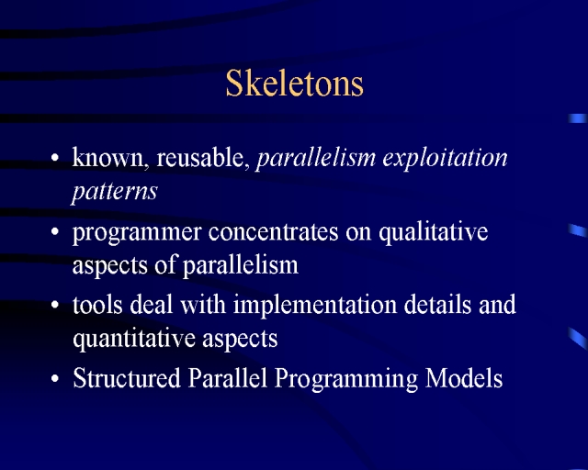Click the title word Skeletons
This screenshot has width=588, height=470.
[294, 83]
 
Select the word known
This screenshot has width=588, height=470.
[108, 157]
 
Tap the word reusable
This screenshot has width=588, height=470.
[202, 157]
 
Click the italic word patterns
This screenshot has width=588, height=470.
[114, 192]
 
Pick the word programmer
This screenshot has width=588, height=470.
[137, 233]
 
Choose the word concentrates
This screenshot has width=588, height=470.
[274, 231]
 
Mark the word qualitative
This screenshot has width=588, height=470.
[434, 232]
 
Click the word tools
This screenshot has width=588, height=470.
[97, 304]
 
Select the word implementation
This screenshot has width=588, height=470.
[315, 306]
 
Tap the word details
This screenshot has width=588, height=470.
[437, 304]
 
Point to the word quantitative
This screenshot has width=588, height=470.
[134, 339]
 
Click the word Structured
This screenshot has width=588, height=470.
[127, 378]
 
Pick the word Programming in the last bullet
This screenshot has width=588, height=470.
[346, 379]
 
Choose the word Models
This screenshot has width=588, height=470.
[464, 378]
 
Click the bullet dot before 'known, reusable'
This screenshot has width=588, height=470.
[55, 158]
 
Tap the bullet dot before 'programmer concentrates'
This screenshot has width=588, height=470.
[55, 231]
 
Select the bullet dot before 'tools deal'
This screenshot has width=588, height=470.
[55, 305]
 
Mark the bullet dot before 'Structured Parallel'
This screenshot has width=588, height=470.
[55, 378]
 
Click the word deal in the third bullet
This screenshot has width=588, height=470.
[151, 304]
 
